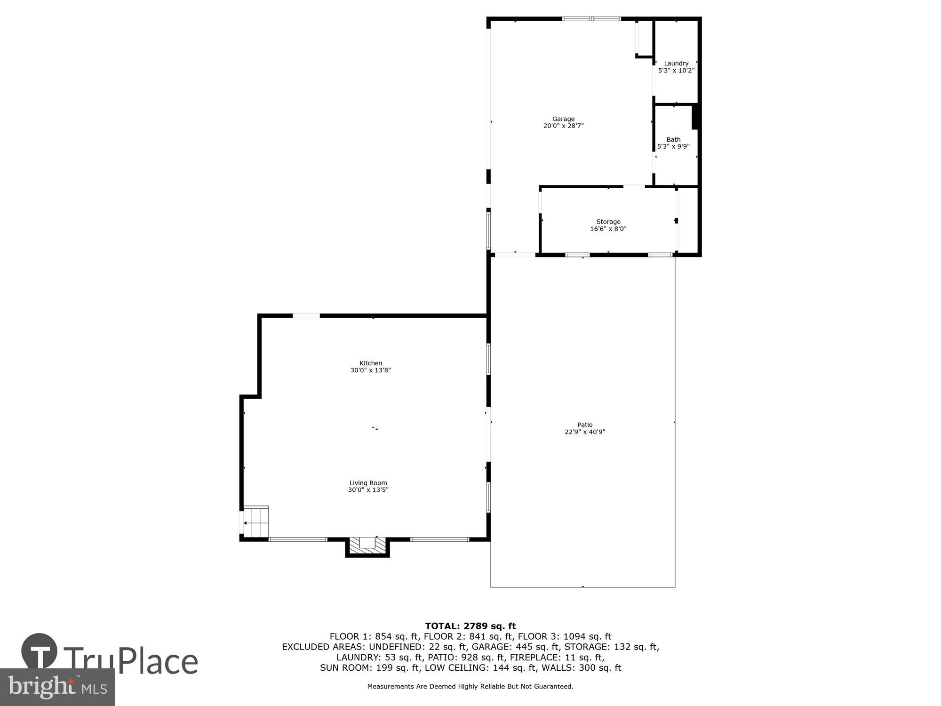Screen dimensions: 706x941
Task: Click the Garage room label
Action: click(563, 119)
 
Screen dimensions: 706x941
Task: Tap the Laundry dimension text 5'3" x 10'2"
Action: click(676, 71)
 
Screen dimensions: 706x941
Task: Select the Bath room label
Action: click(673, 139)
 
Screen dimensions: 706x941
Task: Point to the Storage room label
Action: click(608, 222)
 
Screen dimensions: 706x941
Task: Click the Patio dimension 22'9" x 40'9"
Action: click(585, 432)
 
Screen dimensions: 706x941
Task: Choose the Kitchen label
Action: click(371, 363)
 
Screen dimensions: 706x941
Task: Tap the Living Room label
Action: click(368, 483)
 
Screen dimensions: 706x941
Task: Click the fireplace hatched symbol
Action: click(367, 546)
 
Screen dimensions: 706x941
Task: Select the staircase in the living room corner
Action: click(255, 522)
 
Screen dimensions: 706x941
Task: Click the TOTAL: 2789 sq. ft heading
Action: click(470, 626)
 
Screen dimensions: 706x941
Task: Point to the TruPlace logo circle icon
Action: click(39, 651)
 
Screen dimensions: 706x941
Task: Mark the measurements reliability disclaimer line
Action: click(470, 687)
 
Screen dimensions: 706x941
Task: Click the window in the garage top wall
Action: click(591, 19)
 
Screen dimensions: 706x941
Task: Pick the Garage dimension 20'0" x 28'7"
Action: click(563, 126)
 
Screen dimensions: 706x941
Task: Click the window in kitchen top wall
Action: click(306, 315)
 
